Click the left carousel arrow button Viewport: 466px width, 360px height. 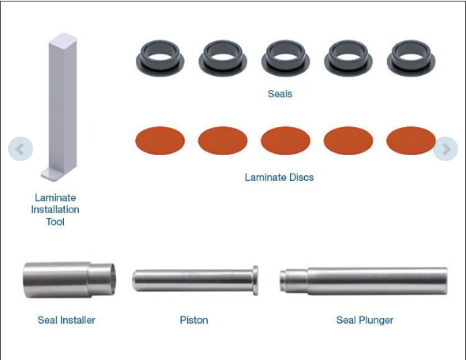[21, 148]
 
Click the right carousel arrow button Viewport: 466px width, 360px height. [445, 148]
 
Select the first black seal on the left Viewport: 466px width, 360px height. [160, 58]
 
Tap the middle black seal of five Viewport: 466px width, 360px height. [286, 58]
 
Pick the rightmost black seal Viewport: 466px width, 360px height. [411, 58]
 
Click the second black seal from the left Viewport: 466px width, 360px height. [223, 58]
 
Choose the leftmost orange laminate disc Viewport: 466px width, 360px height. [160, 141]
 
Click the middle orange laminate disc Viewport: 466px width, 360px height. [285, 141]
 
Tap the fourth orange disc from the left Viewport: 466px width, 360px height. [348, 141]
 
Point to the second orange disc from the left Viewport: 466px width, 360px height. [223, 141]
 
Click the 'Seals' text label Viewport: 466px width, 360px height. [280, 94]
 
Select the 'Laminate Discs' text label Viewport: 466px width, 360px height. [279, 178]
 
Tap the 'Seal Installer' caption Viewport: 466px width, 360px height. [66, 320]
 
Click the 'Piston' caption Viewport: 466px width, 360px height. [194, 320]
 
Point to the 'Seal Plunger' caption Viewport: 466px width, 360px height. [364, 320]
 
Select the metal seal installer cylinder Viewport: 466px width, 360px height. [69, 279]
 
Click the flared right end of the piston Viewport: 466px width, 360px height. [254, 280]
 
